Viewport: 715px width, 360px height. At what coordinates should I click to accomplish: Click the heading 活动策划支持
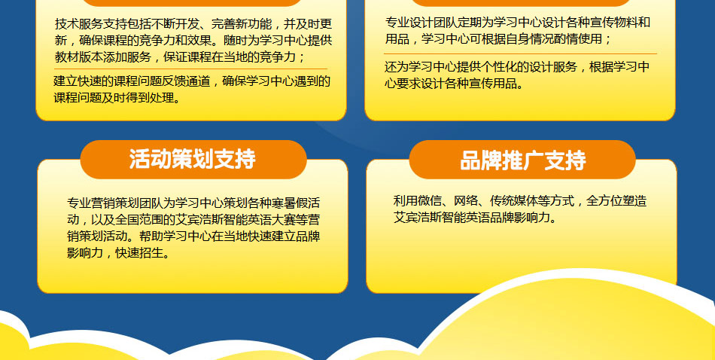(x=192, y=159)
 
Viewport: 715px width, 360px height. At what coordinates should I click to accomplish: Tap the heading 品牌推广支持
(x=522, y=160)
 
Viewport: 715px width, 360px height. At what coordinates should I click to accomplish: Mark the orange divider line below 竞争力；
(x=190, y=69)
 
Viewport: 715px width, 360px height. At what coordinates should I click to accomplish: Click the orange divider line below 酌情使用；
(x=520, y=53)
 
